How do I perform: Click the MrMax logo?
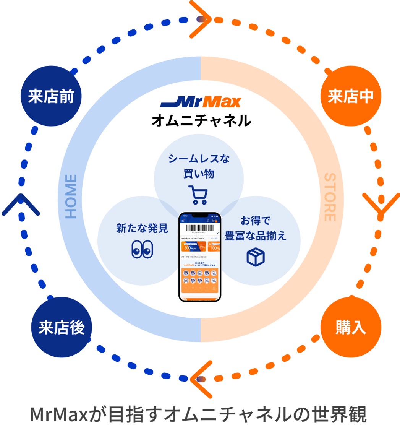[201, 102]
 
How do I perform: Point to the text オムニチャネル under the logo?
[201, 120]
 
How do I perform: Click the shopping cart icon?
[198, 195]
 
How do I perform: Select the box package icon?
[256, 256]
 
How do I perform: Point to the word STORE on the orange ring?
[330, 197]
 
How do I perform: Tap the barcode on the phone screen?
[200, 229]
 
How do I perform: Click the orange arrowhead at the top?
[201, 19]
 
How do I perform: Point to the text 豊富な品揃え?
[256, 236]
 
